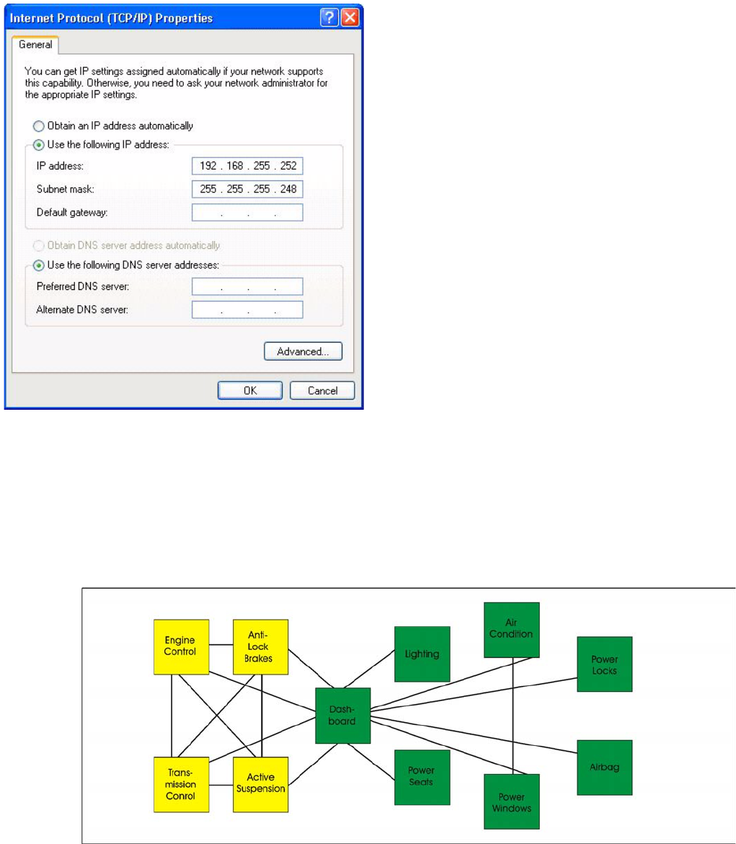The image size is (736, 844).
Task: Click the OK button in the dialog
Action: point(249,390)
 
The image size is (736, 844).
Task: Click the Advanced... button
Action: point(303,351)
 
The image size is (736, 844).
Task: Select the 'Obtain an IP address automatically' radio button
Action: point(39,126)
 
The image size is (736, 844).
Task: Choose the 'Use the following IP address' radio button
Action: point(39,144)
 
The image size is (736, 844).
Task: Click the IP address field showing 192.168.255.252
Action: point(247,167)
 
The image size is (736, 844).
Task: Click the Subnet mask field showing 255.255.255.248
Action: point(247,189)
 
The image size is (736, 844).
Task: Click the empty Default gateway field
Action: point(247,212)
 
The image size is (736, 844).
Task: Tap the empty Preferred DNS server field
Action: point(247,286)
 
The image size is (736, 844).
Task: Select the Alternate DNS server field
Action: point(247,309)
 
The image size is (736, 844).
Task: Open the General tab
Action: point(35,45)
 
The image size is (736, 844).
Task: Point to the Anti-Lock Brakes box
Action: point(260,646)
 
